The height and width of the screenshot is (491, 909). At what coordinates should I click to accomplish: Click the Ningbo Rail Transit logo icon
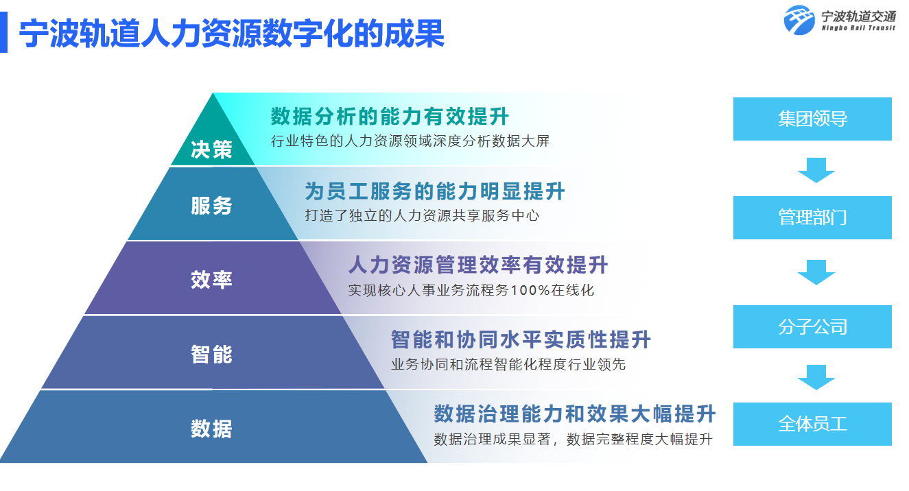pos(800,20)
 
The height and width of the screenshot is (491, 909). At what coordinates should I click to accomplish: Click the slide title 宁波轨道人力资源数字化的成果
pos(232,33)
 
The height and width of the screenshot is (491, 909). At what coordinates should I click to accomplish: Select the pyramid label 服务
pos(211,205)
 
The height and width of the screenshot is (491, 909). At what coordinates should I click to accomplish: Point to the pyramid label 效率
pos(211,279)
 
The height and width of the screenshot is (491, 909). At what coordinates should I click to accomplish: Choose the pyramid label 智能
pos(211,354)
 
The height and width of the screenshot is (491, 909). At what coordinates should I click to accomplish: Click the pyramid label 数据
pos(211,429)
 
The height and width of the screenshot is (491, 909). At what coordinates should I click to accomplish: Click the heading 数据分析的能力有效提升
pos(390,117)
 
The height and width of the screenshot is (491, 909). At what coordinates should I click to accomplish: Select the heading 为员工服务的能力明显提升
pos(435,191)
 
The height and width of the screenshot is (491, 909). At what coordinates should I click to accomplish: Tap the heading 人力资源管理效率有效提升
pos(478,265)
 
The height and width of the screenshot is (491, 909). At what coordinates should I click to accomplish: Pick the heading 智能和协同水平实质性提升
pos(521,339)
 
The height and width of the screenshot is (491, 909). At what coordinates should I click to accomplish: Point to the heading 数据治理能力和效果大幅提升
pos(575,414)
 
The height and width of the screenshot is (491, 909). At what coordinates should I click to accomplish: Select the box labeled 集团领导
pos(812,119)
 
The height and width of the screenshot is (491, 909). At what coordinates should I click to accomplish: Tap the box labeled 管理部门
pos(812,218)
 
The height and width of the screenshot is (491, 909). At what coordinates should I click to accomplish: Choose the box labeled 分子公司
pos(812,327)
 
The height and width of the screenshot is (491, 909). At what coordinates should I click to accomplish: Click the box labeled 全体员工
pos(812,424)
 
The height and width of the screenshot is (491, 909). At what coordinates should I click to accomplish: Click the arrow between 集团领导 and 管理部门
pos(816,169)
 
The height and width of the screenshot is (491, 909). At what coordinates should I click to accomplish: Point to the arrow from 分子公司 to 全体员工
pos(816,376)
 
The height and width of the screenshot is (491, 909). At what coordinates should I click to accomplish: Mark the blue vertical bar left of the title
pos(3,33)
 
